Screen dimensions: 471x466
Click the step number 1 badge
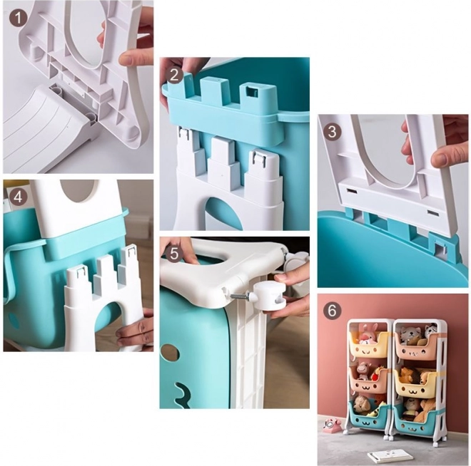[x=18, y=18]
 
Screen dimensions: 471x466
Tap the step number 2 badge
[x=174, y=75]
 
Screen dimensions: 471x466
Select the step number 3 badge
[x=332, y=132]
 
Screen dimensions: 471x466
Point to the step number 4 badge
[x=18, y=197]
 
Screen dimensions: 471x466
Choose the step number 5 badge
[x=174, y=254]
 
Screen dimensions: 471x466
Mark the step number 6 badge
[x=332, y=311]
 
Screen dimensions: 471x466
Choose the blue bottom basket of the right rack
[x=415, y=420]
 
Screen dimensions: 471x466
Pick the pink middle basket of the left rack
[x=368, y=383]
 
